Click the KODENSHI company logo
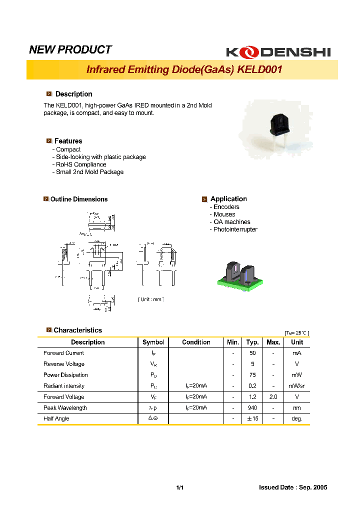point(278,51)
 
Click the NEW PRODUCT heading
point(70,49)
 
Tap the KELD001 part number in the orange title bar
point(259,69)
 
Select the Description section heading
point(73,94)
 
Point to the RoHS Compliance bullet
point(80,164)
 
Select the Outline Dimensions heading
point(79,199)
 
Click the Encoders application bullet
point(226,207)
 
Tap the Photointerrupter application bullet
point(235,229)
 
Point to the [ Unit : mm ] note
point(151,299)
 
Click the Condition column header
point(196,342)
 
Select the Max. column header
point(273,342)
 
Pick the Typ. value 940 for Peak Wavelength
point(252,408)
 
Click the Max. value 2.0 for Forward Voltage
point(273,397)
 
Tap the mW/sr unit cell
point(297,386)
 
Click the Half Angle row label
point(56,419)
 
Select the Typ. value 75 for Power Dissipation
point(252,375)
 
